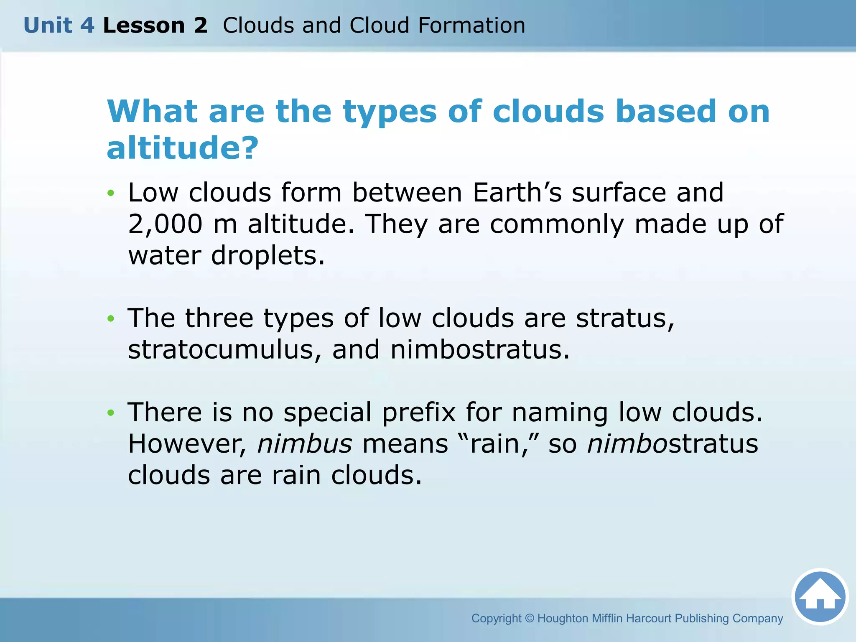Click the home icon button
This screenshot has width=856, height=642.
820,596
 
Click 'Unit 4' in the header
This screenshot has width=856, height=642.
59,25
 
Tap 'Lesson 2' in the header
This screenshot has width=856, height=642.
155,25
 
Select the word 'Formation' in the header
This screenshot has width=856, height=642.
471,25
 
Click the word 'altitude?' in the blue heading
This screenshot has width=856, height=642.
183,148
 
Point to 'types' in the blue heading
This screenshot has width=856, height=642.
390,112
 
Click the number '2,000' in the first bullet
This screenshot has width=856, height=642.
165,224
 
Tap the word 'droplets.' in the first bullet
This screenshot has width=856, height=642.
268,255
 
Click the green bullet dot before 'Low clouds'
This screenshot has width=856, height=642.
110,193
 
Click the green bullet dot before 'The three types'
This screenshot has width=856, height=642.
110,318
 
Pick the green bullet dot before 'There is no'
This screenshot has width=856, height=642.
110,413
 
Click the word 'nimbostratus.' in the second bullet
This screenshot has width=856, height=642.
480,350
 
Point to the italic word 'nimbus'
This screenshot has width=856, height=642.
305,444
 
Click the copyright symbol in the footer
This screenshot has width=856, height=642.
529,618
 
